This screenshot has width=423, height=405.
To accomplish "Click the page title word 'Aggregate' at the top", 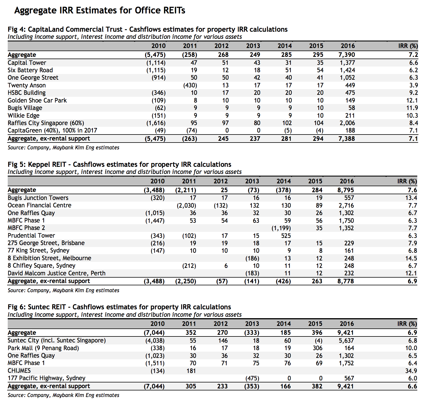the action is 35,11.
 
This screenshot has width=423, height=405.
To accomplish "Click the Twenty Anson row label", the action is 27,85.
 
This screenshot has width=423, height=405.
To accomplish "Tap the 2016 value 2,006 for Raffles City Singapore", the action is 347,123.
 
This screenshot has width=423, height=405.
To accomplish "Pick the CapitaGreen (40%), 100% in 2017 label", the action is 52,131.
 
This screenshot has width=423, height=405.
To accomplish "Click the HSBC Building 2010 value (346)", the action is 158,93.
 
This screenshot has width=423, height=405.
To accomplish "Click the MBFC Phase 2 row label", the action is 26,228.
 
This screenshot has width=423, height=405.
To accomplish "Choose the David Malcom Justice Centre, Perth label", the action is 57,273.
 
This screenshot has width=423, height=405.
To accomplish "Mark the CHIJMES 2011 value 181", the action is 191,371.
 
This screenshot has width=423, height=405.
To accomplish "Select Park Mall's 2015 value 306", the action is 317,348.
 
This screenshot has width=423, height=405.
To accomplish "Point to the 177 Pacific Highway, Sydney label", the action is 47,378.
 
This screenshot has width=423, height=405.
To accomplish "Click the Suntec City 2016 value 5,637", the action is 346,340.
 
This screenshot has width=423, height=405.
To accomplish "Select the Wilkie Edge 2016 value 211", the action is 350,115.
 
